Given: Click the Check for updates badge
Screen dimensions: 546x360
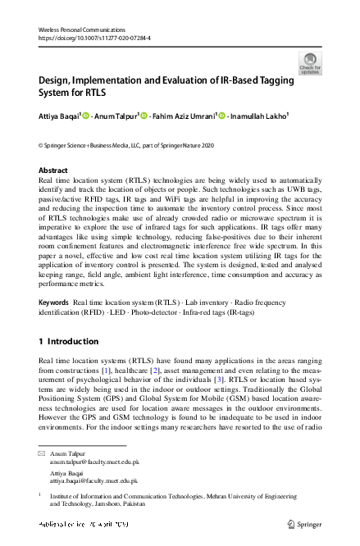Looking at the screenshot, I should point(311,63).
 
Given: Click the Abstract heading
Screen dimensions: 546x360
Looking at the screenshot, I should point(54,171).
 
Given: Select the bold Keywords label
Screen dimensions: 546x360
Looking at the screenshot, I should point(54,303).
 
